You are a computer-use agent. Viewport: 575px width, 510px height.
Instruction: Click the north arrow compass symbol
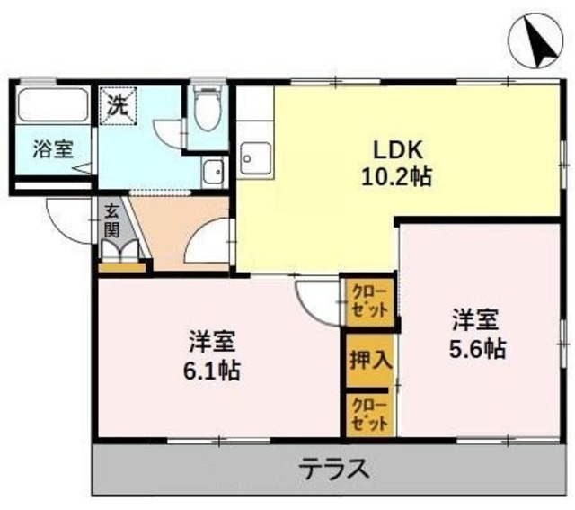535,41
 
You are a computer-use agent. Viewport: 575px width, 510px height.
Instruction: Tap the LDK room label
398,150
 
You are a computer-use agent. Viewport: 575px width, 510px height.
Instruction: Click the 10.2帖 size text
397,177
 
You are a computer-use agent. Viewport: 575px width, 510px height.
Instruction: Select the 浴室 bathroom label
53,149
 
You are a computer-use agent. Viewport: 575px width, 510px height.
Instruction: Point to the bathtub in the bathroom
53,105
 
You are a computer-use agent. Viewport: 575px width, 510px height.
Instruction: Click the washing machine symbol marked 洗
119,106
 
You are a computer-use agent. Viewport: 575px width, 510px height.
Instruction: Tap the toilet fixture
208,109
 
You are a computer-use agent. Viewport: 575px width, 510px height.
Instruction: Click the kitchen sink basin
256,158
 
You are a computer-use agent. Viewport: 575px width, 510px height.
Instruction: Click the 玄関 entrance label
111,221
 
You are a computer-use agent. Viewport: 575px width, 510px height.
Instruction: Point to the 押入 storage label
371,360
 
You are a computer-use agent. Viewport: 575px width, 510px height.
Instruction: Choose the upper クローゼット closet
369,302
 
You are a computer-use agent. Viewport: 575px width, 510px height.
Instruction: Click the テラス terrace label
333,469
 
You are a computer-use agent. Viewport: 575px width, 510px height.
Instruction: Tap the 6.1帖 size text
212,371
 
